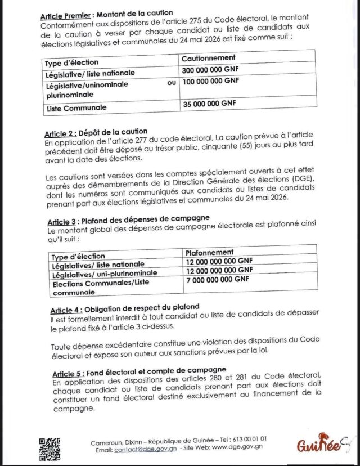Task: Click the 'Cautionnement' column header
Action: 209,58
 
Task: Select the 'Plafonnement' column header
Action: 210,252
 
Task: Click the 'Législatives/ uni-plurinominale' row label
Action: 104,274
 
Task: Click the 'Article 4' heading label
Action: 66,310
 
